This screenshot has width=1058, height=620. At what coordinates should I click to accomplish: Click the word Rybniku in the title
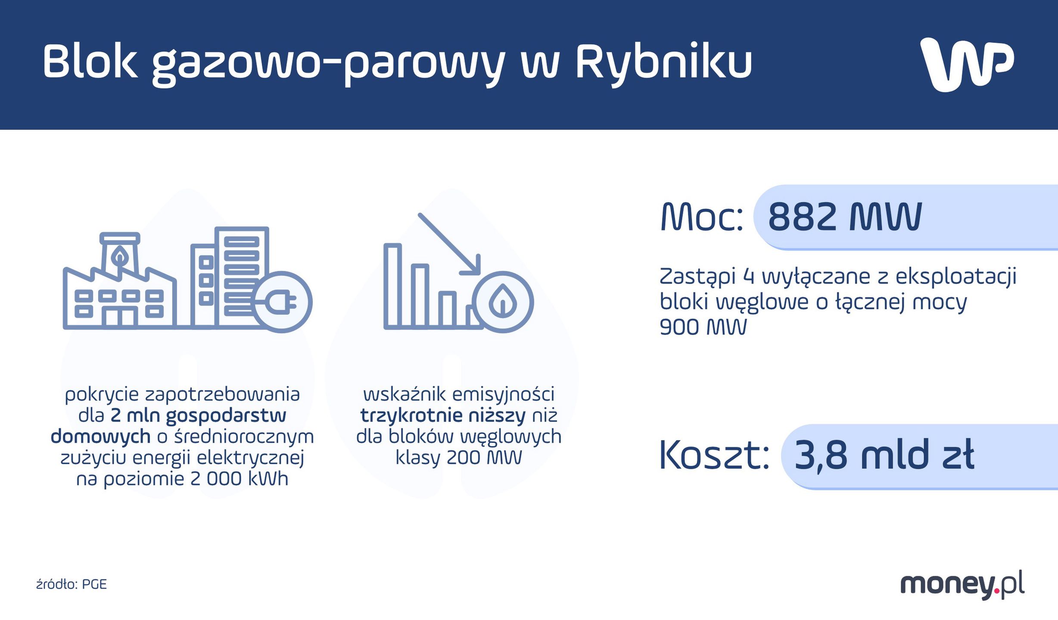663,62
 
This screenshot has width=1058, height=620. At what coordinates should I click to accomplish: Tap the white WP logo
967,64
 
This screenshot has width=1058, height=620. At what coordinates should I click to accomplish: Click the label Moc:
702,217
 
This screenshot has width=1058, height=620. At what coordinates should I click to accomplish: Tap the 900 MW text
703,327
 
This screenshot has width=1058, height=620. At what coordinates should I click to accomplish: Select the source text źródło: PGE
72,584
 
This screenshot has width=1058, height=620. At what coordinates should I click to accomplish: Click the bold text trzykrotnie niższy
443,415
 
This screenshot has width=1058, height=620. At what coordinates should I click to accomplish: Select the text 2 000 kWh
239,479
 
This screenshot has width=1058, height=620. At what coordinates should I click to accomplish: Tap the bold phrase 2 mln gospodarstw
199,415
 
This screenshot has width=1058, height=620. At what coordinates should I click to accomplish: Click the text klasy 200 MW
459,458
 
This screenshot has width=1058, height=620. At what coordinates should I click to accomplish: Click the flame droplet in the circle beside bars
503,301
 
